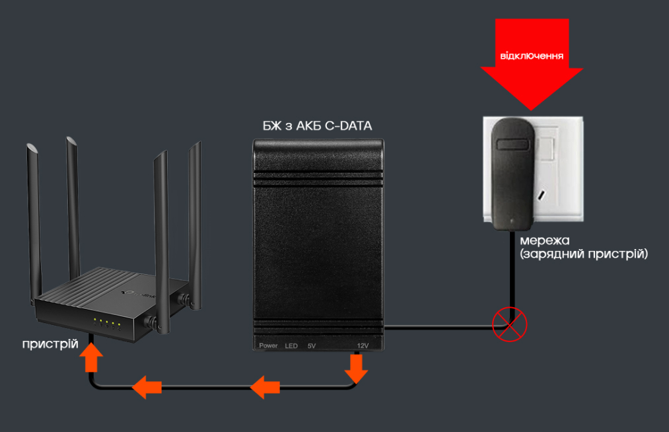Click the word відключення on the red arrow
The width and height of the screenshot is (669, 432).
pyautogui.click(x=532, y=55)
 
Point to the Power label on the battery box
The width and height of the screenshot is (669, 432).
pyautogui.click(x=268, y=345)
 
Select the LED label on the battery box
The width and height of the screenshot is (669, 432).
pyautogui.click(x=291, y=345)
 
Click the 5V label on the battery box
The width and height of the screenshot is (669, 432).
pyautogui.click(x=312, y=345)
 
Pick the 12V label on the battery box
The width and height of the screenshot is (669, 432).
pyautogui.click(x=362, y=345)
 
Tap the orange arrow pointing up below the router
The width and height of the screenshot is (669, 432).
pyautogui.click(x=91, y=359)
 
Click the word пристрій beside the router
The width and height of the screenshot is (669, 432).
pyautogui.click(x=50, y=344)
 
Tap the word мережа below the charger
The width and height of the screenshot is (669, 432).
pyautogui.click(x=544, y=240)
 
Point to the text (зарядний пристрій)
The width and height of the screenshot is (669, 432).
pyautogui.click(x=583, y=254)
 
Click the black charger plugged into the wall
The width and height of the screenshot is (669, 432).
pyautogui.click(x=512, y=172)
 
